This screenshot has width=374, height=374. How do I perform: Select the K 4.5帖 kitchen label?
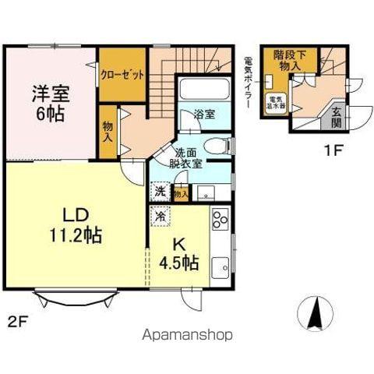[178, 254]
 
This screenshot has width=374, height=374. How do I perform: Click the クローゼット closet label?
[122, 76]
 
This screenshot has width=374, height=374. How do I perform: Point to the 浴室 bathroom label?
[205, 114]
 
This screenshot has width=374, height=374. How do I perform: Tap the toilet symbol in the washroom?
[221, 145]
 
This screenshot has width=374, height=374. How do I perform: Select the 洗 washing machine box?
[159, 192]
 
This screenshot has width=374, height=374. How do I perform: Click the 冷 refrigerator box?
[159, 216]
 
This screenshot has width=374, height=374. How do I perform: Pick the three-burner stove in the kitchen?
[220, 221]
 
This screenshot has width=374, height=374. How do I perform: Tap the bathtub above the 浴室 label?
[203, 90]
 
